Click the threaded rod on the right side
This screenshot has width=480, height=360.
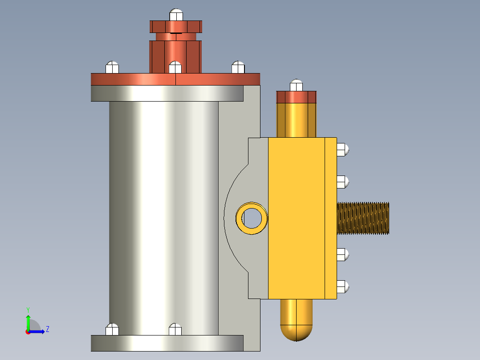tap(363, 218)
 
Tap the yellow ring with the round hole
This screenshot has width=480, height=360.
tap(252, 218)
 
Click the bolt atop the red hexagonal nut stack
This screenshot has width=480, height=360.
tap(176, 15)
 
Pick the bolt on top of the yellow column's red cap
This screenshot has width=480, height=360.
tap(296, 85)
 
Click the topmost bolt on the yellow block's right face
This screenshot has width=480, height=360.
tap(342, 150)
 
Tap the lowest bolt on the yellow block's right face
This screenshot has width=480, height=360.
tap(342, 286)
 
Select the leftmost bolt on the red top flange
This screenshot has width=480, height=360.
tap(112, 67)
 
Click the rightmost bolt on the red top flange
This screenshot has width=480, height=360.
tap(238, 67)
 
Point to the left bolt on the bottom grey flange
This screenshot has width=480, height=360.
tap(112, 329)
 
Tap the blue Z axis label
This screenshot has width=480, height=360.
tap(47, 330)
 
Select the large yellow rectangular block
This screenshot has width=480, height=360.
tap(296, 218)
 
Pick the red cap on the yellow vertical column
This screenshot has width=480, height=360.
tap(296, 97)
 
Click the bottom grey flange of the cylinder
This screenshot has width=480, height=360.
tap(167, 343)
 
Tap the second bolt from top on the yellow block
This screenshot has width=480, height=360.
tap(342, 182)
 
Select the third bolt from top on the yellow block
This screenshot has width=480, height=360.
tap(342, 254)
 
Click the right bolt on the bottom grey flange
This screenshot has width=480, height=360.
tap(175, 329)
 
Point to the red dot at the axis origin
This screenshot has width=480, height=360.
tap(28, 332)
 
